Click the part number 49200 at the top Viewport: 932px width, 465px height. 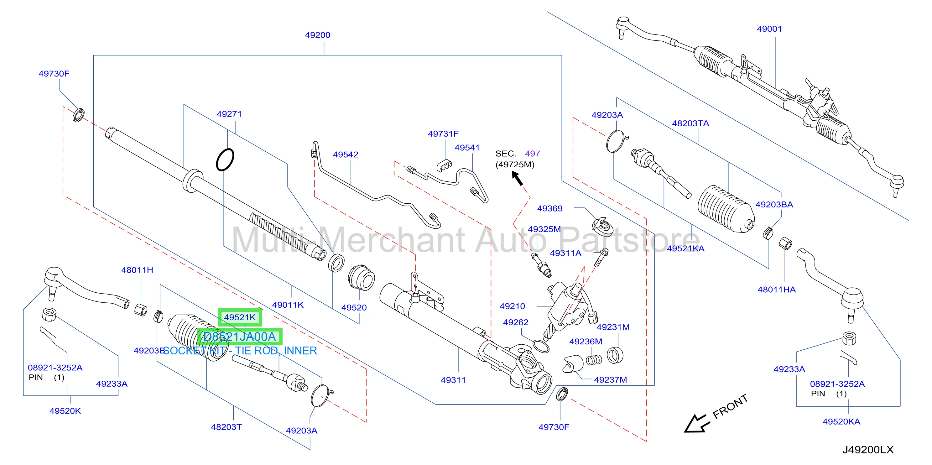317,35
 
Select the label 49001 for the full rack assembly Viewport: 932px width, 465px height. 769,29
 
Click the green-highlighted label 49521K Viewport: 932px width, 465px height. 240,317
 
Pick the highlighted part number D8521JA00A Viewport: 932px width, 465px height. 240,337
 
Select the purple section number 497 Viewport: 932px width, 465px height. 532,154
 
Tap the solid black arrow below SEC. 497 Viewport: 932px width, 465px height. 517,178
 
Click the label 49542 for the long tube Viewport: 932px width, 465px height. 346,154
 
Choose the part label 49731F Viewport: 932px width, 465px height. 443,134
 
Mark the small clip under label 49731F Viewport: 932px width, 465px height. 444,165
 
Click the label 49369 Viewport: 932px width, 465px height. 549,208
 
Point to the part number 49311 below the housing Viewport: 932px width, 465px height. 453,380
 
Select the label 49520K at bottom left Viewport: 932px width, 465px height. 65,411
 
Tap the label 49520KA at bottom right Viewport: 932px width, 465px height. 841,421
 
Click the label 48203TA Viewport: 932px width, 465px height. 690,123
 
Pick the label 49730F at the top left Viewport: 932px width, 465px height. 54,74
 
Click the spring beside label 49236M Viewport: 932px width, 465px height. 594,360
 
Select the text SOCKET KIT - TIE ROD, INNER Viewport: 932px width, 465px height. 240,351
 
